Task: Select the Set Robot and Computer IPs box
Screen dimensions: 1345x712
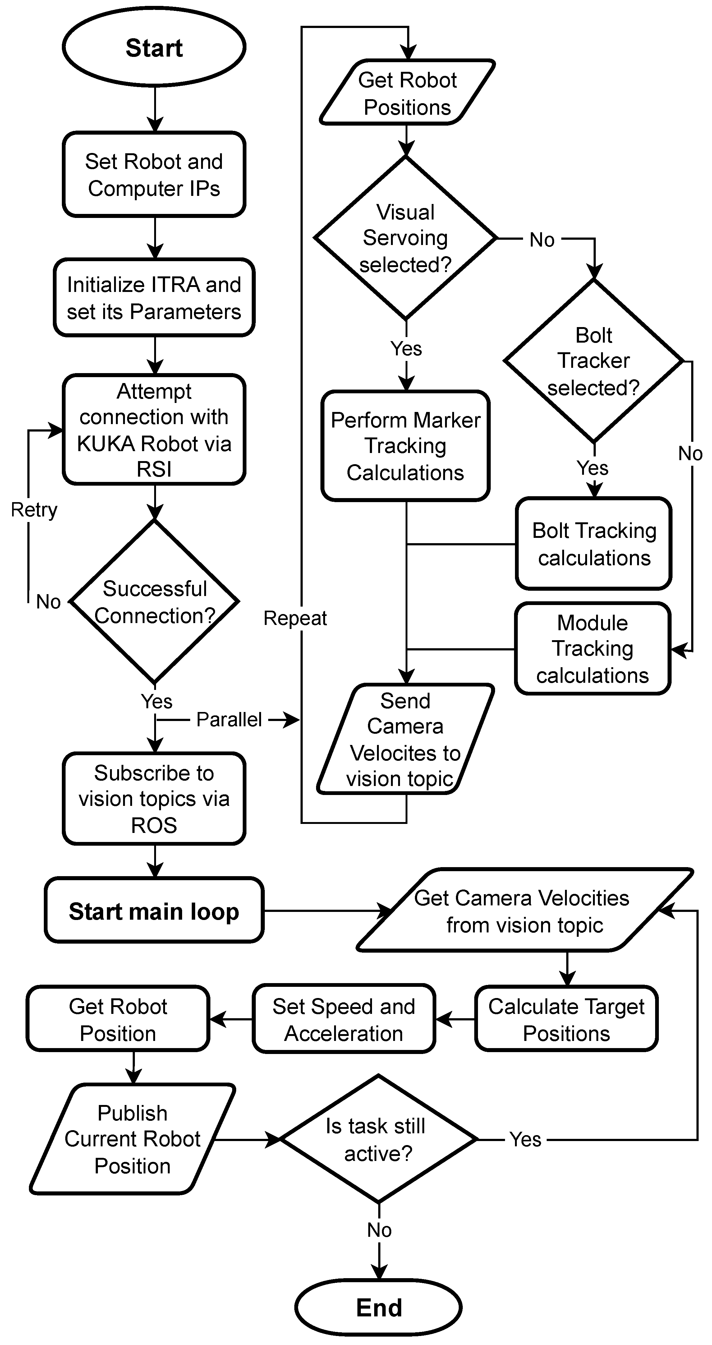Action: (x=154, y=174)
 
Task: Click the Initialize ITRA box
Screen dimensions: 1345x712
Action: (x=154, y=298)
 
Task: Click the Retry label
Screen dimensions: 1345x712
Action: (x=34, y=510)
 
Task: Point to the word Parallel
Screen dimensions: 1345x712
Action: (x=229, y=719)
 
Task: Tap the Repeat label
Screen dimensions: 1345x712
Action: (x=295, y=618)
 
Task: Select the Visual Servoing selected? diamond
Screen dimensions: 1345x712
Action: (x=406, y=238)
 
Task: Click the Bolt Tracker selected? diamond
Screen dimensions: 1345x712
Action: (x=594, y=361)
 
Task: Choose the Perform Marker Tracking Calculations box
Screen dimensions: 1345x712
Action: (x=406, y=446)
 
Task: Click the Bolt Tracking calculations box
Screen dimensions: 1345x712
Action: (x=594, y=543)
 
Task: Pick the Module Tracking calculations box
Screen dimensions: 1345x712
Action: (x=592, y=649)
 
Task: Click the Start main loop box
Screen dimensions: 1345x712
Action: (x=154, y=911)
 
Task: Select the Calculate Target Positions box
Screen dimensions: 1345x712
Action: (x=566, y=1019)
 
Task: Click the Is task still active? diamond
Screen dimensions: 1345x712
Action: (x=379, y=1139)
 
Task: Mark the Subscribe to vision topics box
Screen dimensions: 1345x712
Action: (x=154, y=798)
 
